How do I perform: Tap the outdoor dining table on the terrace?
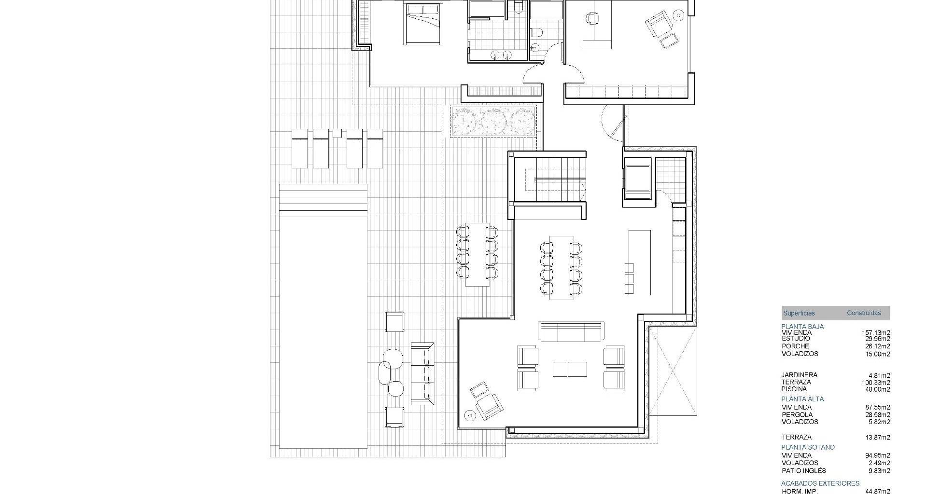(x=477, y=255)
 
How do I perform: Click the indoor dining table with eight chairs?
(x=561, y=268)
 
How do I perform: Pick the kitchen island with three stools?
(x=639, y=262)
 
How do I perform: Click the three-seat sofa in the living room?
(x=571, y=331)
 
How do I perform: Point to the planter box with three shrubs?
(x=493, y=121)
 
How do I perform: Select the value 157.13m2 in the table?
(x=876, y=333)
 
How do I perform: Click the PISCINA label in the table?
(x=794, y=389)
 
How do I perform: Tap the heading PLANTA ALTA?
(x=802, y=399)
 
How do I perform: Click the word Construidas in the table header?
(x=864, y=313)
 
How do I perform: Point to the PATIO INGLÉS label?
(x=804, y=471)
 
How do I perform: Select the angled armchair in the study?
(x=659, y=25)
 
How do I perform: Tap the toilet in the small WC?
(x=535, y=32)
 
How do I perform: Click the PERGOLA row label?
(x=797, y=415)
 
